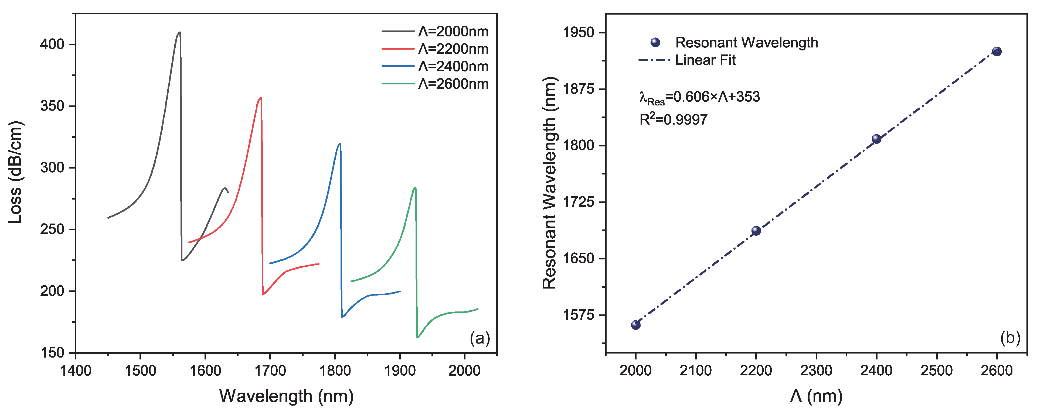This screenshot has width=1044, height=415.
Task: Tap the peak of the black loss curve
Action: pos(179,32)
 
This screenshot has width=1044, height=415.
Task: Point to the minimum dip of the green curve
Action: pos(417,337)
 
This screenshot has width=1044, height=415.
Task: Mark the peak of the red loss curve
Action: pos(261,98)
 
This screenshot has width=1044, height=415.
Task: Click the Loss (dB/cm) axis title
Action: pos(15,172)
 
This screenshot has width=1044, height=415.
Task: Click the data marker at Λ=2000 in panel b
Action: pos(635,325)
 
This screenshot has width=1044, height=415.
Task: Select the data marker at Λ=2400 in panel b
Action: pos(876,139)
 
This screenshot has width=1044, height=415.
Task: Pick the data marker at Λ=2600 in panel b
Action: pos(997,52)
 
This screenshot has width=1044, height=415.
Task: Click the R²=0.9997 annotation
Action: pos(673,119)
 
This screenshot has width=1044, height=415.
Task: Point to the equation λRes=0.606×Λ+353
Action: pos(699,97)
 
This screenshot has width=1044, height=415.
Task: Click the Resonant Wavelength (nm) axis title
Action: pos(550,182)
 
